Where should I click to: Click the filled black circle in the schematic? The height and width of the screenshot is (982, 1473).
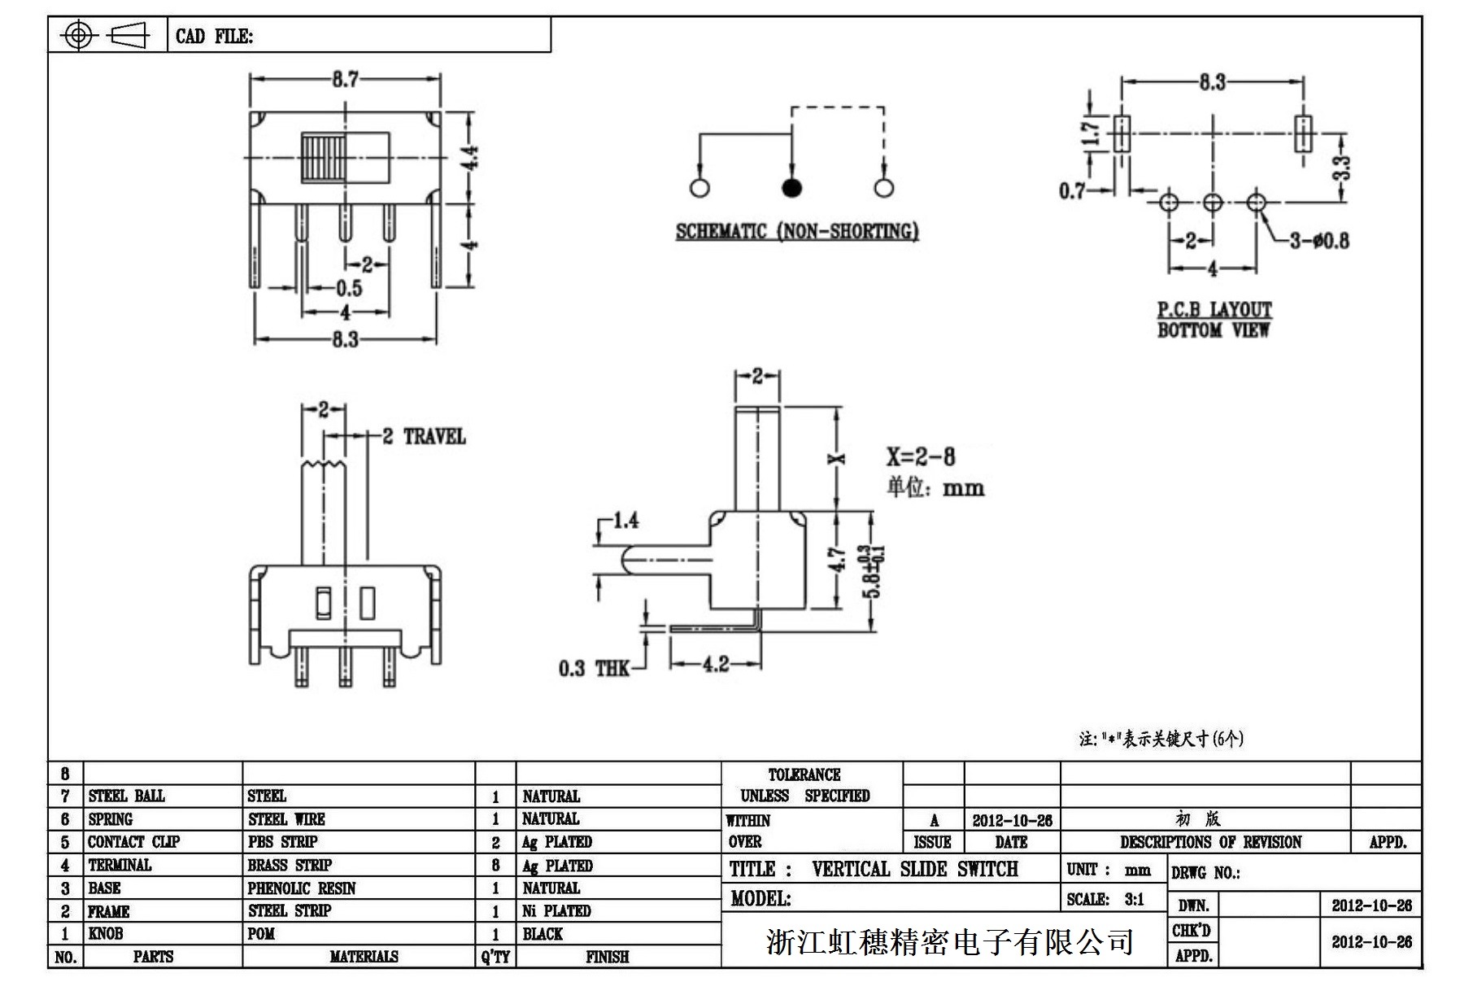(791, 188)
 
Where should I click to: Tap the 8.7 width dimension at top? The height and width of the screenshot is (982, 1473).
(345, 80)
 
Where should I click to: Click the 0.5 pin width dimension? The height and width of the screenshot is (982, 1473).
(349, 288)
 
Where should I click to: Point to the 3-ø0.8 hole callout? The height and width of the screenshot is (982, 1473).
(1318, 241)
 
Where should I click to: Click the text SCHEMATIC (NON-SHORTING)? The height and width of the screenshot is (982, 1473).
(797, 232)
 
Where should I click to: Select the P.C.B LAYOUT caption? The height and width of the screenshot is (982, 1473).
(1214, 310)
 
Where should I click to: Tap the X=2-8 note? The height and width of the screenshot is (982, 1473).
(921, 456)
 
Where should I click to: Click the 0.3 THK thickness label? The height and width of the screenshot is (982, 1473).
(594, 669)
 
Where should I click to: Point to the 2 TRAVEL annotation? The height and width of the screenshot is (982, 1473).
(424, 437)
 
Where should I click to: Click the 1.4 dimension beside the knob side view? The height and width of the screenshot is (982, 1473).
(625, 521)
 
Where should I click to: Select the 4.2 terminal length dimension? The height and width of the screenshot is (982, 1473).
(716, 665)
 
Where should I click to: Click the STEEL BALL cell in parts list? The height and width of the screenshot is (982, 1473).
(127, 796)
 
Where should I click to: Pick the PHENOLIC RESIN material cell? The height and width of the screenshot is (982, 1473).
(302, 888)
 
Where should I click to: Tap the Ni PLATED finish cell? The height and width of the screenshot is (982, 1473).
(556, 911)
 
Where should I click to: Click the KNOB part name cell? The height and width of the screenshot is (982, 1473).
(107, 934)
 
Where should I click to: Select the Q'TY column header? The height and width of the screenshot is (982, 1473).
(495, 957)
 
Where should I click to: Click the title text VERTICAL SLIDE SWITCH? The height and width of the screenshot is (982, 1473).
(914, 870)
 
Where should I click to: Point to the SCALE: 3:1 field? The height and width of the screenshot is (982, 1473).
(1105, 900)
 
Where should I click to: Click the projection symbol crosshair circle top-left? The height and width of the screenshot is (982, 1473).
(78, 35)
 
